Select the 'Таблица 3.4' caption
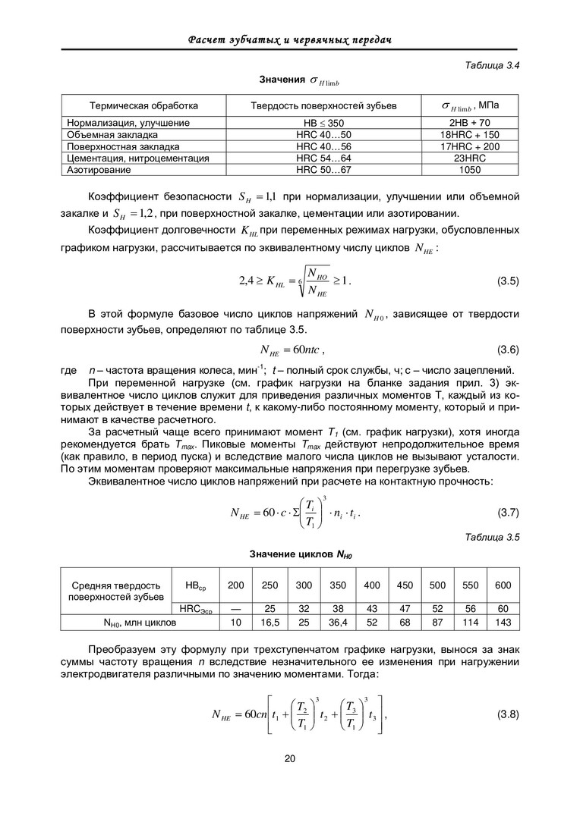(x=491, y=66)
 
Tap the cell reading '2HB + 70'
(x=469, y=122)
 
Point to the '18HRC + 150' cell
(x=469, y=134)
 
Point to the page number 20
(x=289, y=759)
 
